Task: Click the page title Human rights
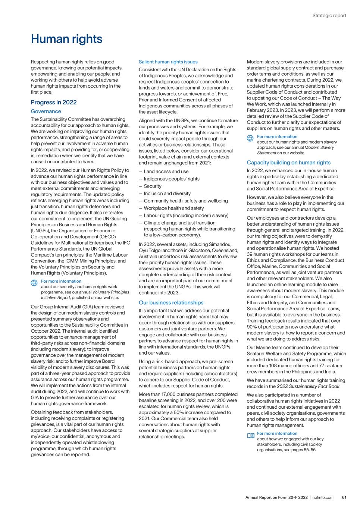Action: coord(66,39)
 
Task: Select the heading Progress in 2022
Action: coord(54,103)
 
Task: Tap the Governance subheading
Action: coord(46,111)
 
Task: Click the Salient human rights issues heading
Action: coord(168,62)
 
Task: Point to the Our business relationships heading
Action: coord(171,303)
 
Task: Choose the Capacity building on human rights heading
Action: coord(288,163)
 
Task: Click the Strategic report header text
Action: coord(329,16)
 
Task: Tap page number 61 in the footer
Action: coord(344,497)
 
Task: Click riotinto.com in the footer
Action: coord(323,497)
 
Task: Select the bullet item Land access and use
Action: coord(166,172)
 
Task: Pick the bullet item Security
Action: coord(153,186)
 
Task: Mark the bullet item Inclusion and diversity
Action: coord(167,194)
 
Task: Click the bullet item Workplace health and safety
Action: coord(174,208)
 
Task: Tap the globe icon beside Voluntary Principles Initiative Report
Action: coord(34,283)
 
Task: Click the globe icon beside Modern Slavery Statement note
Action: coord(250,138)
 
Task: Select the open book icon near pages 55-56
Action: coord(250,435)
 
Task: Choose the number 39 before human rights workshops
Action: coord(250,254)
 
